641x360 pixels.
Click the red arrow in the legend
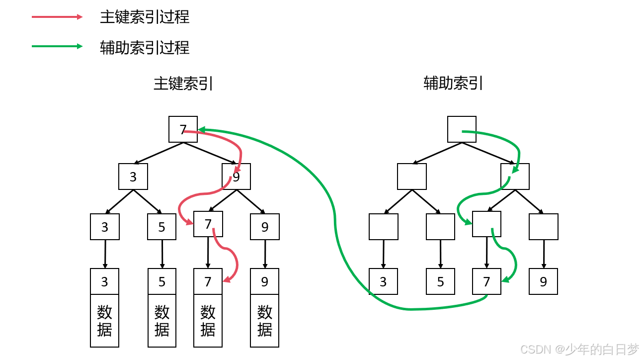[x=57, y=17]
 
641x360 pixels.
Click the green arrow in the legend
[x=57, y=47]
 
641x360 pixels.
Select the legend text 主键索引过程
[x=145, y=17]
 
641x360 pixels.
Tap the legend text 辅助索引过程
[x=145, y=48]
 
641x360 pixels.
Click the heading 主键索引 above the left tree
[x=183, y=84]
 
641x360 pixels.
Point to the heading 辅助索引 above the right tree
[x=453, y=83]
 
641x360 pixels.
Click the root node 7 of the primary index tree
[x=183, y=129]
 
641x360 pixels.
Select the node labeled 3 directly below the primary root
[x=133, y=177]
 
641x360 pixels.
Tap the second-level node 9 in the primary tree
[x=236, y=177]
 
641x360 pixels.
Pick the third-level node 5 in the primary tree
[x=161, y=227]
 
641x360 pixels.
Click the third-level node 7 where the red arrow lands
[x=208, y=224]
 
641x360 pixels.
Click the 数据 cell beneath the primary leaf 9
[x=264, y=321]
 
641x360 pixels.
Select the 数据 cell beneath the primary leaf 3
[x=104, y=321]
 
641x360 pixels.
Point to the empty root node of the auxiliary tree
[x=462, y=129]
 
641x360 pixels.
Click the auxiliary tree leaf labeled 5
[x=440, y=281]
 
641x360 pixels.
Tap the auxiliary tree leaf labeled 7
[x=486, y=281]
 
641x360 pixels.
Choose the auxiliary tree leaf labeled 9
[x=543, y=281]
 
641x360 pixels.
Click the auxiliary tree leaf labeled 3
[x=383, y=281]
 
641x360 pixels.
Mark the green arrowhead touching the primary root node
[x=202, y=130]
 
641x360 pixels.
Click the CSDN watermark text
[x=579, y=350]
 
